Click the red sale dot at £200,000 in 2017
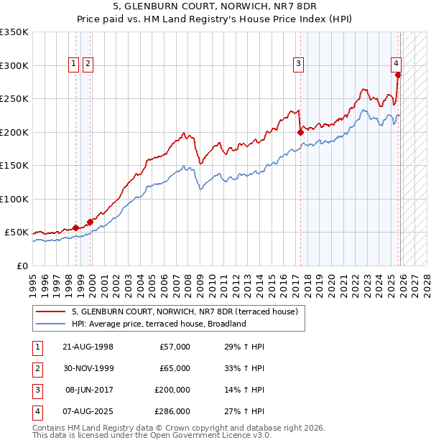[300, 132]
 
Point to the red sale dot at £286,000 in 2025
[398, 75]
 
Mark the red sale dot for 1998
[76, 228]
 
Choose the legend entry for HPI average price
[159, 324]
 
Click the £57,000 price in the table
[173, 347]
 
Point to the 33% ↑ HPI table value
[240, 368]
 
